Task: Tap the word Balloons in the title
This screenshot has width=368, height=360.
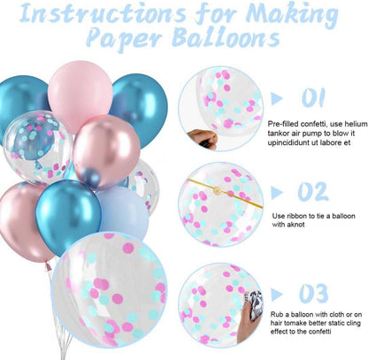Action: (226, 37)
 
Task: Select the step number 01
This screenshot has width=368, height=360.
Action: (313, 97)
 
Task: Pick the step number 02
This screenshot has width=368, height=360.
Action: (313, 192)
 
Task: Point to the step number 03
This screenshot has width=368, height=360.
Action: (313, 294)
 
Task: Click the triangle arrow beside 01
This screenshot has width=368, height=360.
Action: (276, 98)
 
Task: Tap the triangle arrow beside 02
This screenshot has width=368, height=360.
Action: (276, 193)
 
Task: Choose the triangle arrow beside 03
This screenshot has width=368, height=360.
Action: (276, 295)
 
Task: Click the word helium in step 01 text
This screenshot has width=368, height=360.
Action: (356, 124)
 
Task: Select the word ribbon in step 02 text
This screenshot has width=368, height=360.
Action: (296, 216)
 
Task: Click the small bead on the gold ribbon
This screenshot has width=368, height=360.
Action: (218, 190)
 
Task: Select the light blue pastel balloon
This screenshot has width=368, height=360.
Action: (123, 211)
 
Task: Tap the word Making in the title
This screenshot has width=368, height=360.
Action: (292, 15)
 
